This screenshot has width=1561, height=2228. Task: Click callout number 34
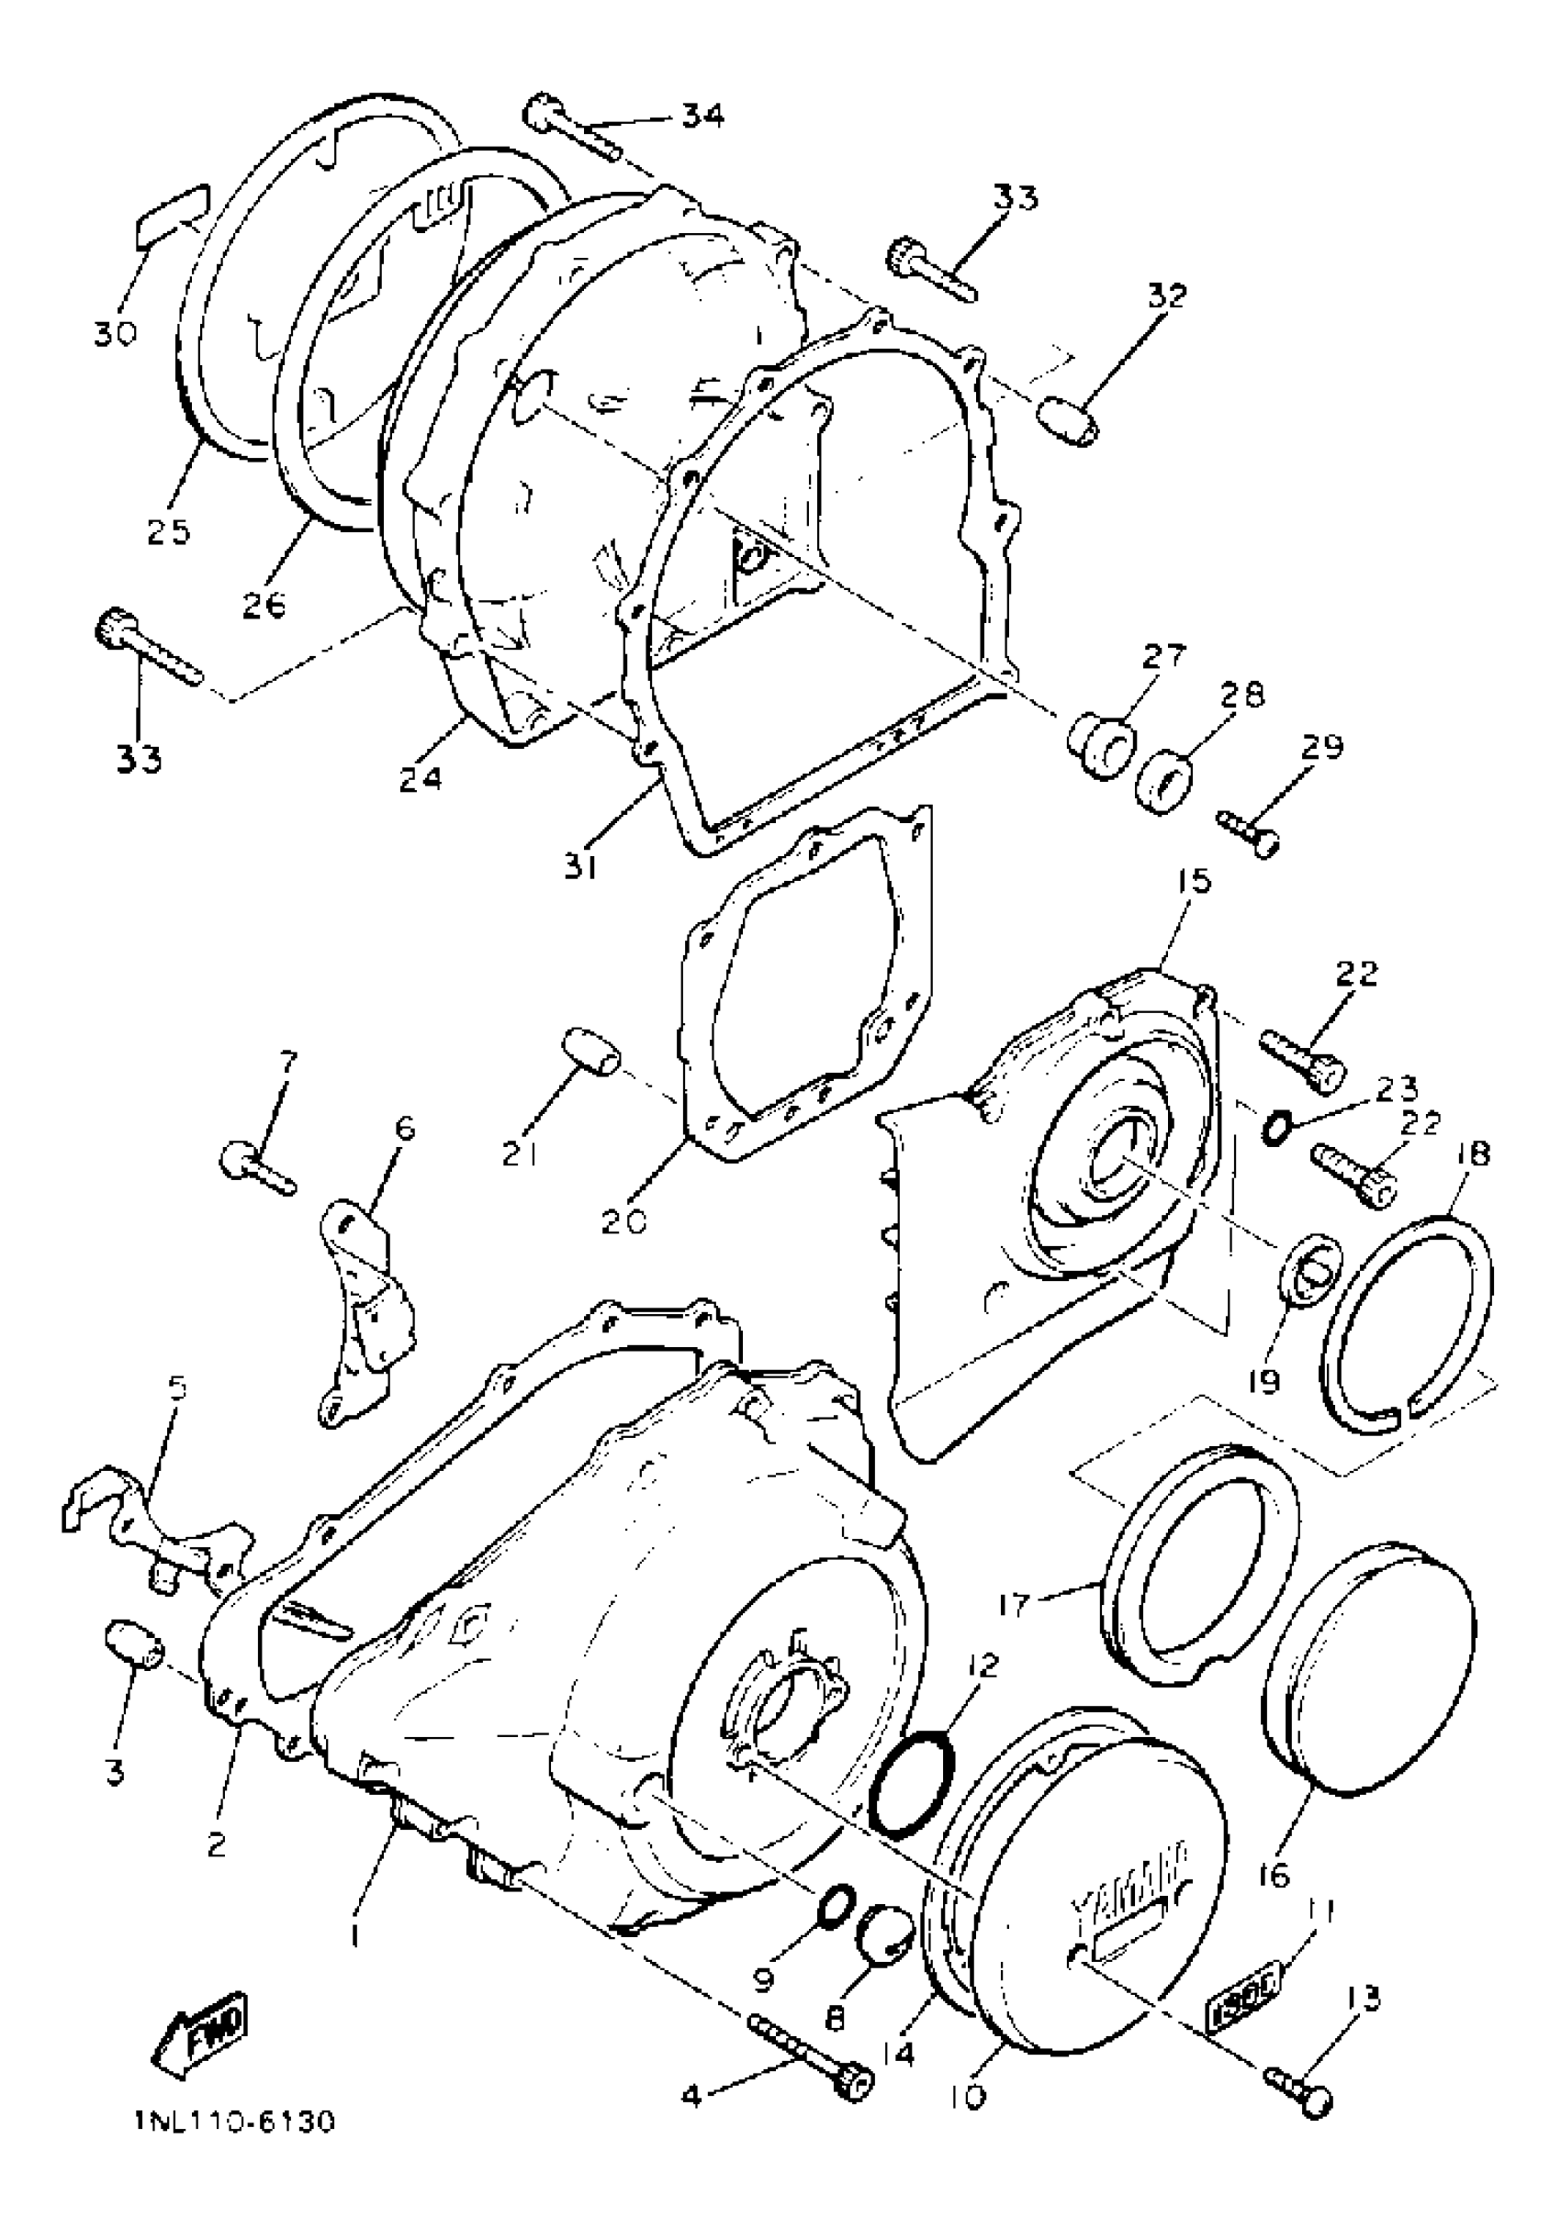(701, 116)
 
